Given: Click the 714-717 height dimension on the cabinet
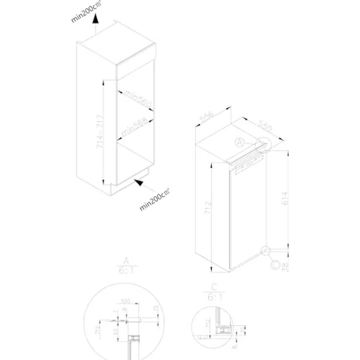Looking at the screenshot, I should (x=99, y=132).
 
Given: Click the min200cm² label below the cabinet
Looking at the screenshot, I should (x=155, y=200).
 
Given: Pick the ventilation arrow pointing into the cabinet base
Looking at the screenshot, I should (x=141, y=184).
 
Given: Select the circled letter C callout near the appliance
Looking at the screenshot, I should (x=276, y=265).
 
